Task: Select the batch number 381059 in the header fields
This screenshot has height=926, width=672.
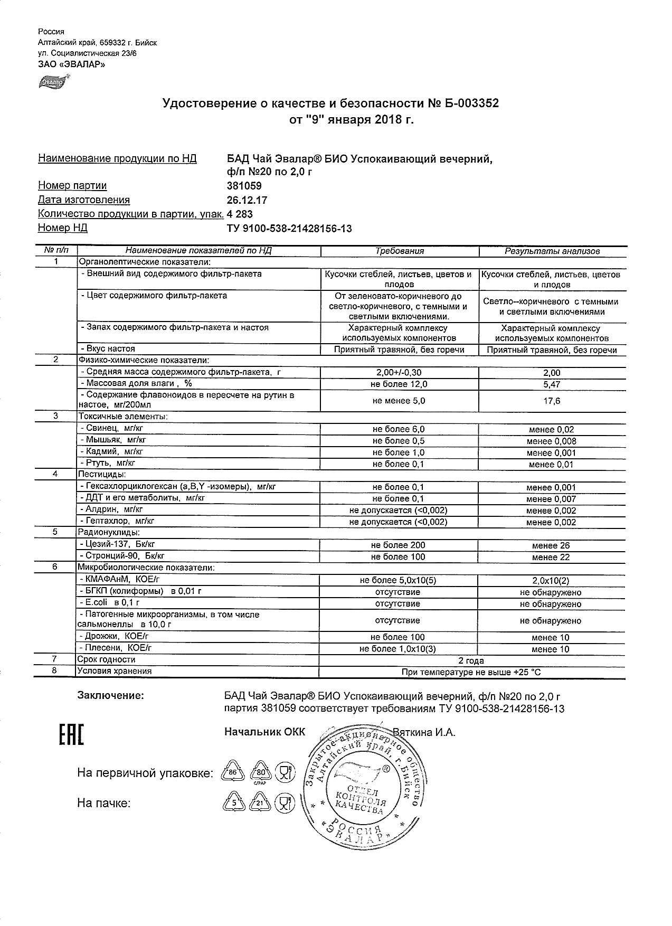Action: click(x=244, y=186)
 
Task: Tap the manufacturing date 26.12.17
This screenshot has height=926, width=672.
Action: click(x=247, y=200)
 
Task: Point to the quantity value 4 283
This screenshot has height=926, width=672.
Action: click(x=240, y=214)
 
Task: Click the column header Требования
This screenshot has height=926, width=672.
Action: click(x=400, y=251)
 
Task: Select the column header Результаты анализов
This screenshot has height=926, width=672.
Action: click(x=552, y=251)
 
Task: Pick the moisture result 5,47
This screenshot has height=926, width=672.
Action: click(x=552, y=385)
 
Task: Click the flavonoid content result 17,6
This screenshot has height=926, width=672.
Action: click(x=552, y=401)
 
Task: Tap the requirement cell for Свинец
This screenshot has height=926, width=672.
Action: click(x=399, y=430)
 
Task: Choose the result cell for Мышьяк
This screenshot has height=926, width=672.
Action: click(x=552, y=441)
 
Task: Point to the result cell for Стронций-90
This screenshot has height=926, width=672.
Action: click(x=551, y=558)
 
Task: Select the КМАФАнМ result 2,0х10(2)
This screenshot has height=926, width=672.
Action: click(x=551, y=581)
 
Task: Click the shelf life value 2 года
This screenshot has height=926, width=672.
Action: click(x=471, y=661)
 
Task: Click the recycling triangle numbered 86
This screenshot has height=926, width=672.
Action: click(x=232, y=773)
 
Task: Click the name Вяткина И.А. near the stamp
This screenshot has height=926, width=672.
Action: click(x=424, y=732)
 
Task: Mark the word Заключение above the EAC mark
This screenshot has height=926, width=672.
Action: click(x=110, y=695)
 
